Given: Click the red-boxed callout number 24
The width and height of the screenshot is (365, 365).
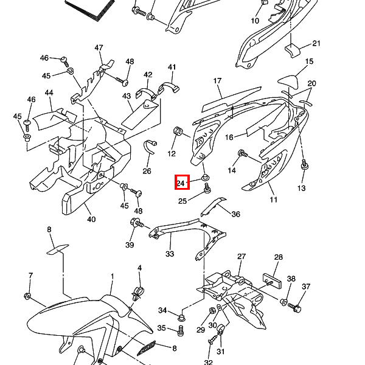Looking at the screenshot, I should pyautogui.click(x=182, y=182).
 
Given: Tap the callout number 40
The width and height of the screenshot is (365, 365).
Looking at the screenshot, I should pyautogui.click(x=91, y=219).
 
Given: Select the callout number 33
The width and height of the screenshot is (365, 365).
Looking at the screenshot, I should pyautogui.click(x=170, y=254).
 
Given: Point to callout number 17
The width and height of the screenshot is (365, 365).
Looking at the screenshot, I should pyautogui.click(x=217, y=81).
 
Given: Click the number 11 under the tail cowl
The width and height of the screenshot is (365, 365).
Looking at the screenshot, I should pyautogui.click(x=273, y=200).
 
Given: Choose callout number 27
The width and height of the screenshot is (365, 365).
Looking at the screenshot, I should pyautogui.click(x=242, y=256).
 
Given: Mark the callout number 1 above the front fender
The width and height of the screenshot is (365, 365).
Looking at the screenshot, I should pyautogui.click(x=112, y=276).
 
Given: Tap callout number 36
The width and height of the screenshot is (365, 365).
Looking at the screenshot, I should pyautogui.click(x=236, y=214).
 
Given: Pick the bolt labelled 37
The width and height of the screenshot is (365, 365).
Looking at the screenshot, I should pyautogui.click(x=297, y=308).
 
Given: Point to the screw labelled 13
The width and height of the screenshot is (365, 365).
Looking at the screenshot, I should pyautogui.click(x=304, y=165).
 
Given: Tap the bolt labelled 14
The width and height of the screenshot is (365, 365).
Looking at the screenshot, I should pyautogui.click(x=242, y=153).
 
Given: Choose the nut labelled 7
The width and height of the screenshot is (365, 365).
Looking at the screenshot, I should pyautogui.click(x=27, y=296).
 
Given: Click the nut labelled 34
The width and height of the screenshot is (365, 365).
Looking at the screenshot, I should pyautogui.click(x=181, y=317).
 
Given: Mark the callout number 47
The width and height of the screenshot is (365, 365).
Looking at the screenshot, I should pyautogui.click(x=99, y=48).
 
